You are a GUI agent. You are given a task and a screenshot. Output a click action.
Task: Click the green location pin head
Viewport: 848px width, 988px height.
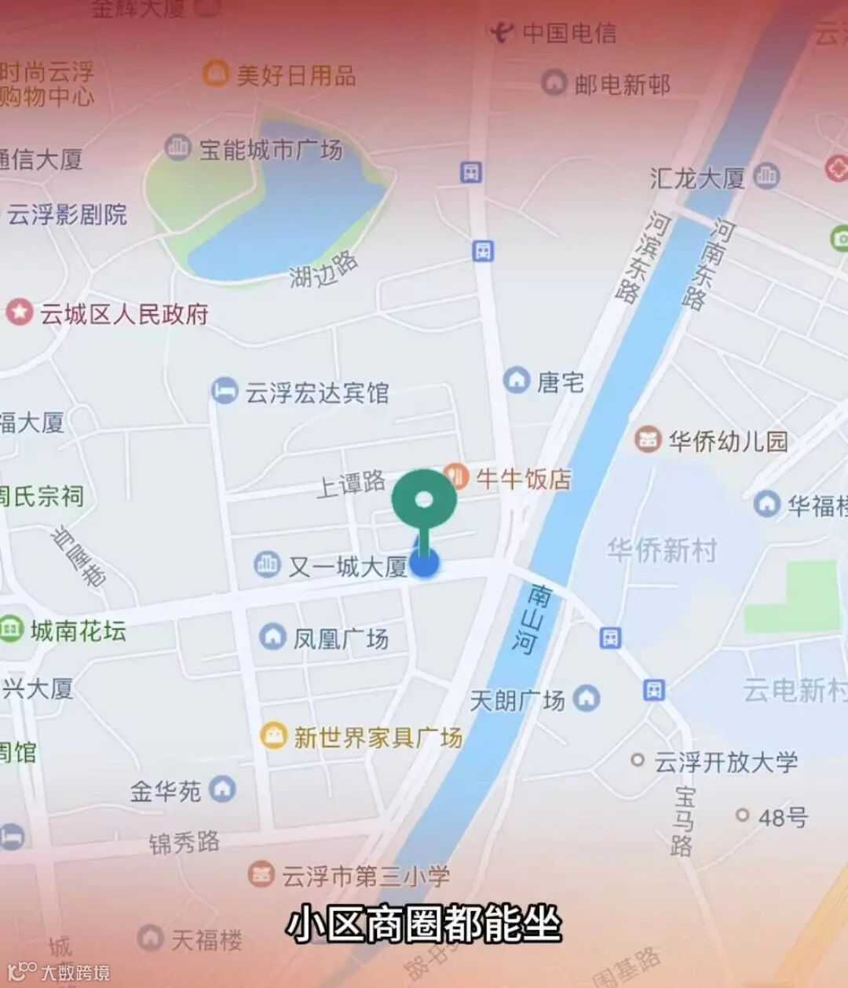point(424,500)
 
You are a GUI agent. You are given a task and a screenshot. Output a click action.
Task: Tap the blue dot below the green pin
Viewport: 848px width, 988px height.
point(424,563)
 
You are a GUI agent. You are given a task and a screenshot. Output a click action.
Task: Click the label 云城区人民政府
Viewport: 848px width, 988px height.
point(124,314)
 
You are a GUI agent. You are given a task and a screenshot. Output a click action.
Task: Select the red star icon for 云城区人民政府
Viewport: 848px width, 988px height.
point(19,312)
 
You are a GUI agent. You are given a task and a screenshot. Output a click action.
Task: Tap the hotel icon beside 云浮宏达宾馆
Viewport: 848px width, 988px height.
point(225,391)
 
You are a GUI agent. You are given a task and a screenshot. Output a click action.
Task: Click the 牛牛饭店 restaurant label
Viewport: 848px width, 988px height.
point(524,478)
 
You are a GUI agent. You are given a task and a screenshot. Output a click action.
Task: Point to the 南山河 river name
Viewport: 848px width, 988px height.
point(529,618)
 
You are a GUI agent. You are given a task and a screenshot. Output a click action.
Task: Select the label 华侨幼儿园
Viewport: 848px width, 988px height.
point(728,440)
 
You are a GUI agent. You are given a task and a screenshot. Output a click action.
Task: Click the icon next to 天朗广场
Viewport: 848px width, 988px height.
point(587,698)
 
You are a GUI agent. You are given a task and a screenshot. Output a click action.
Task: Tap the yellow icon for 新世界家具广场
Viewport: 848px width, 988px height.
point(273,735)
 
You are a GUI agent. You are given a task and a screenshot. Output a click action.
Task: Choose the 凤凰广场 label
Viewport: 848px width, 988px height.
point(341,638)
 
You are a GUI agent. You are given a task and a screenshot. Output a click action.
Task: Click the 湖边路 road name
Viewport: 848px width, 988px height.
point(323,271)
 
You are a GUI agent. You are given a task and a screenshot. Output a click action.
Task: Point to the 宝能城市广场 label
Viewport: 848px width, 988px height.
point(270,149)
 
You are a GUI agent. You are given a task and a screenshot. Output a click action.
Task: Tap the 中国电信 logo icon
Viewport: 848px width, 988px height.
point(501,32)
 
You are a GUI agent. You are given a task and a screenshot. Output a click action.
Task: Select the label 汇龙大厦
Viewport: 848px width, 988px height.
point(697,178)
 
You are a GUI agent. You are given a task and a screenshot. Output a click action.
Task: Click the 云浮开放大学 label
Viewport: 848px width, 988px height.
point(726,761)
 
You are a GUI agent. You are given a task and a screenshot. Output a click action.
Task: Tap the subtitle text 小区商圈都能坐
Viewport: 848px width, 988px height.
point(424,924)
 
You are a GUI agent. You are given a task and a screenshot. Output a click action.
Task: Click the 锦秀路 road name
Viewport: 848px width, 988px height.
point(185,843)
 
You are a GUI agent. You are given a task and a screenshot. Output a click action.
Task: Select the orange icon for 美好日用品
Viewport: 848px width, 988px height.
point(215,74)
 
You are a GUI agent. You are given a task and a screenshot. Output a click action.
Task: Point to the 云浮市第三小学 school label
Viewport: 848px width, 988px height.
point(366,876)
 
